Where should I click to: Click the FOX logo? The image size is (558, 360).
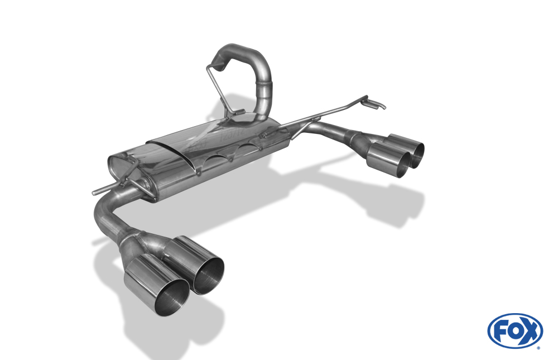[515, 331]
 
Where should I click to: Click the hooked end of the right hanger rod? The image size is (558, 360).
[378, 105]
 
